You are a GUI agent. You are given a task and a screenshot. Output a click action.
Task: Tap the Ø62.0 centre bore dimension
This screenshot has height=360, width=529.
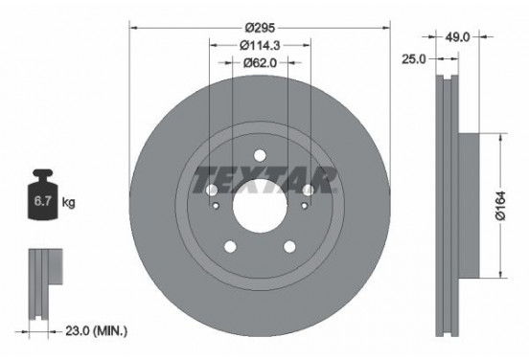point(260,62)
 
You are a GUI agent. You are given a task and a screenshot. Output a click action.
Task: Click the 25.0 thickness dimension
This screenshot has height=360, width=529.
point(414,58)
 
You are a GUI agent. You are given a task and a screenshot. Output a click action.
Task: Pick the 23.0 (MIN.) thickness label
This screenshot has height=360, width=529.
point(96,330)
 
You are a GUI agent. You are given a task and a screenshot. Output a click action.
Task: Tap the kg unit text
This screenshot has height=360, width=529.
point(69,204)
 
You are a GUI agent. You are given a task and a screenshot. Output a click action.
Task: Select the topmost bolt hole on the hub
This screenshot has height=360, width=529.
point(260,156)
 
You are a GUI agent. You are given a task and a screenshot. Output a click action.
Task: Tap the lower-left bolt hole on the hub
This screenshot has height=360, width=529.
point(231,245)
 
